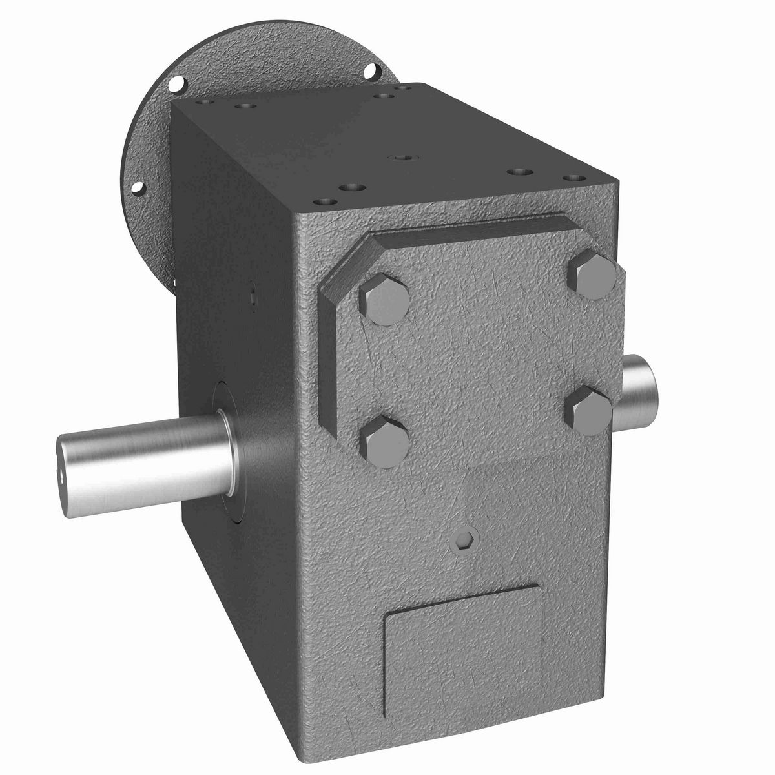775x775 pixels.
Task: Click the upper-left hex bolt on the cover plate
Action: (x=384, y=298)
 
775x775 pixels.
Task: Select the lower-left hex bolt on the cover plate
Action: (x=384, y=440)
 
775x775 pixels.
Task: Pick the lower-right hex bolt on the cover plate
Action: (x=588, y=411)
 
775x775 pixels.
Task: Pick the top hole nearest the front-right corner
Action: (x=571, y=177)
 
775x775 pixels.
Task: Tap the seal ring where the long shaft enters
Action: (x=226, y=452)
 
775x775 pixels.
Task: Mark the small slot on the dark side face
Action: (x=253, y=298)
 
